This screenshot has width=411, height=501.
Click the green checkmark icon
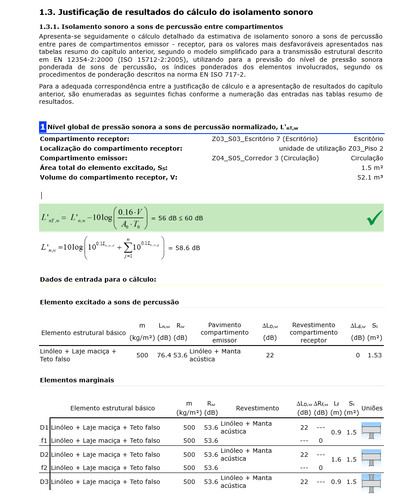tap(375, 218)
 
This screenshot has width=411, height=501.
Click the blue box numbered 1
tap(43, 127)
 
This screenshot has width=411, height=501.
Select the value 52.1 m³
tap(370, 177)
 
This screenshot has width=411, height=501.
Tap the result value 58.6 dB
tap(188, 248)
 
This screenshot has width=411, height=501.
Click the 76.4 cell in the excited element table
tap(164, 355)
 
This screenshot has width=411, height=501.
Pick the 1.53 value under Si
tap(375, 355)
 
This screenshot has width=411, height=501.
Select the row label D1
tap(44, 427)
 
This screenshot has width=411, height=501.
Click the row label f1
tap(44, 441)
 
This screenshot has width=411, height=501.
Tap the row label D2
tap(44, 455)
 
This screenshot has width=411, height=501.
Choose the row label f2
tap(44, 468)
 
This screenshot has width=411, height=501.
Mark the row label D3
tap(44, 482)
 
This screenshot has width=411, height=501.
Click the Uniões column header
tap(372, 408)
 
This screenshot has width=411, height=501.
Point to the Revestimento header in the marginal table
tap(257, 408)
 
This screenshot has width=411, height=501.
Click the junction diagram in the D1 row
tap(371, 431)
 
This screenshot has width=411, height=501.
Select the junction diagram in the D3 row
tap(371, 482)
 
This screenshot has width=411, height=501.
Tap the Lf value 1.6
tap(336, 459)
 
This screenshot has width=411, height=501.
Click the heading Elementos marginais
tap(77, 380)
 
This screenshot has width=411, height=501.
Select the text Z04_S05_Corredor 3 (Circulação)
tap(265, 158)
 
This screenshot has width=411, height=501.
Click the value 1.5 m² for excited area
tap(372, 168)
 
